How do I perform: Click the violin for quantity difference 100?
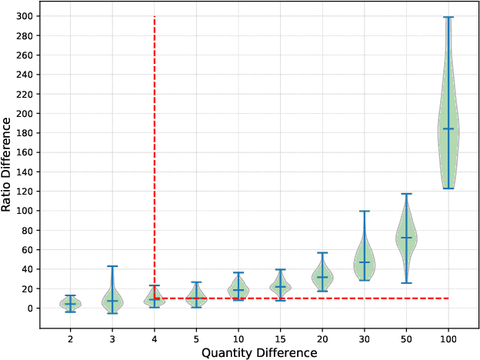point(448,142)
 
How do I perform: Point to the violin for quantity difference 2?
point(70,304)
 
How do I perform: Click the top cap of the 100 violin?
point(448,17)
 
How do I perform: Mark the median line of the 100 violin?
point(448,128)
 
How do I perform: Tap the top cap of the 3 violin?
point(112,266)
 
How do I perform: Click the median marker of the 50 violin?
point(406,237)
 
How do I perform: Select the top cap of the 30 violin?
point(365,211)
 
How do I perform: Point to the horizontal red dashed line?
point(308,298)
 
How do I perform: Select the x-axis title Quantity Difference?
point(259,352)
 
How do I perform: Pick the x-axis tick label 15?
point(280,337)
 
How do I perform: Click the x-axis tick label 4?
point(155,337)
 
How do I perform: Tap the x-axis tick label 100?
point(448,337)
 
